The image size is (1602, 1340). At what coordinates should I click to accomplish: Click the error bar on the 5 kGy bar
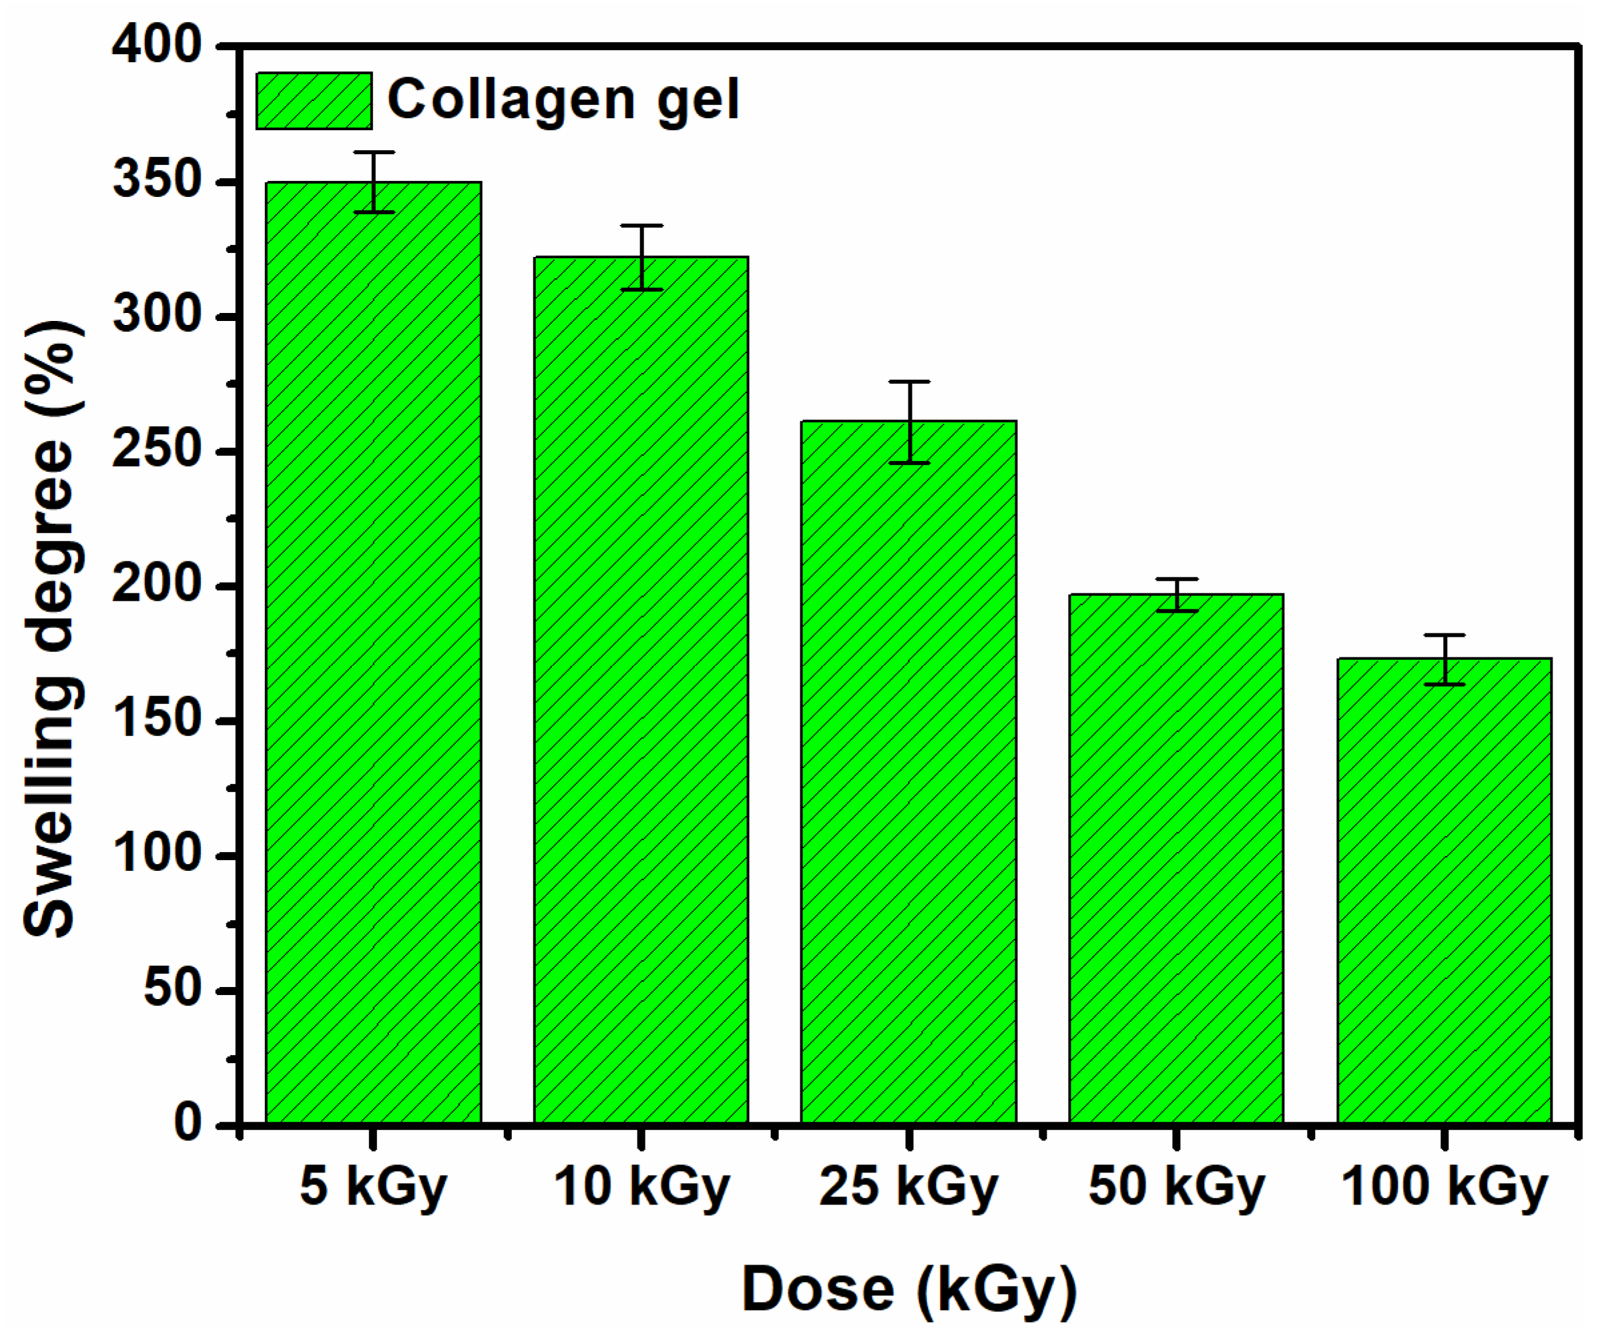point(374,182)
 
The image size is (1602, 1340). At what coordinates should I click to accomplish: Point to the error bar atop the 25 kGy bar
point(909,422)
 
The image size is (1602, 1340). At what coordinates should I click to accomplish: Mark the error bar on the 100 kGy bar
point(1444,659)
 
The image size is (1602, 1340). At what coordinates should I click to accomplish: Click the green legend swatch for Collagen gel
point(314,101)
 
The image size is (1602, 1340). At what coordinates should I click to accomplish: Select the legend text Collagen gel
point(563,100)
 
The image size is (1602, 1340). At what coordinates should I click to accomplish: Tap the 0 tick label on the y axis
point(188,1124)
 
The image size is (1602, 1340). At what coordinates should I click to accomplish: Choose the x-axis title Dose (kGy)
point(908,1292)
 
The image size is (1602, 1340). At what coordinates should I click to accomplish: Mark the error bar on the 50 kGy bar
point(1176,595)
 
